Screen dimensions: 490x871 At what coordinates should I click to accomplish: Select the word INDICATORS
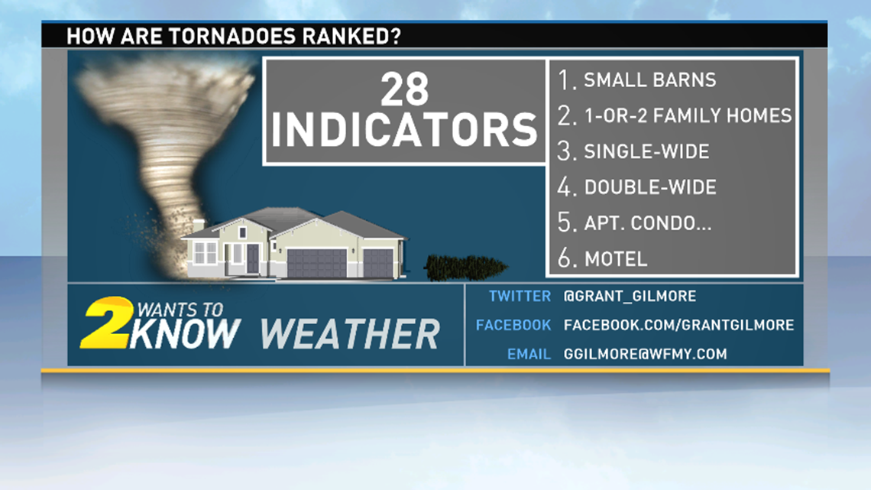pos(405,131)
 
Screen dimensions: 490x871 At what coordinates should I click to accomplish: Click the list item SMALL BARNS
pos(649,80)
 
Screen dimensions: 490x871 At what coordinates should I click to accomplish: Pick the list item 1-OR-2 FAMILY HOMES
pos(688,116)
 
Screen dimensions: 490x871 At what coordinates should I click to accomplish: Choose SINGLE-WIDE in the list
pos(646,151)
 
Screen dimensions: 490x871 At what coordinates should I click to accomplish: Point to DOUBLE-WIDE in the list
pos(650,187)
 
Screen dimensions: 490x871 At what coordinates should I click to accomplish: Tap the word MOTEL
pos(616,258)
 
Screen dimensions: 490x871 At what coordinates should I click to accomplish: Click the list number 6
pos(565,258)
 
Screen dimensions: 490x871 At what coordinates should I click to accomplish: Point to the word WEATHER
pos(350,334)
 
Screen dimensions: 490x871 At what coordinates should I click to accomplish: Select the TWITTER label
pos(520,296)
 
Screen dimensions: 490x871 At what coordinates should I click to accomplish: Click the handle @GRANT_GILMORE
pos(630,296)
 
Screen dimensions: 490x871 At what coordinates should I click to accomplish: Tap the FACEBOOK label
pos(513,325)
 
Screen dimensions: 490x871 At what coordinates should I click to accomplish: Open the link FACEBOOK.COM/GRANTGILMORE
pos(678,325)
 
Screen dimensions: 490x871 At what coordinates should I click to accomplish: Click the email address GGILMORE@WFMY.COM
pos(645,354)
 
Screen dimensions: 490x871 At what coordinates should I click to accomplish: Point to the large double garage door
pos(316,263)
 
